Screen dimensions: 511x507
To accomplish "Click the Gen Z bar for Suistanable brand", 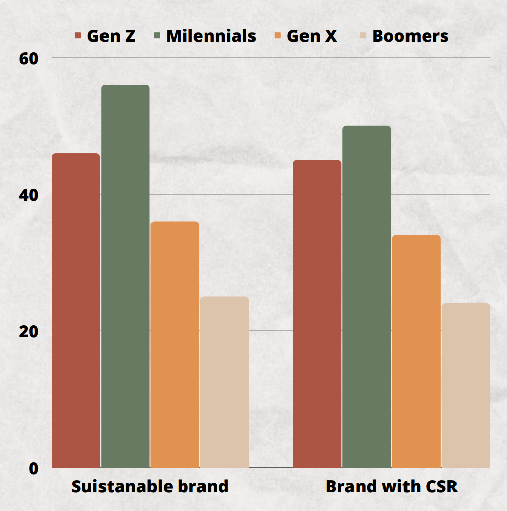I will click(x=76, y=310).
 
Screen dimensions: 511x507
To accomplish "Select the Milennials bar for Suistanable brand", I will click(x=125, y=276).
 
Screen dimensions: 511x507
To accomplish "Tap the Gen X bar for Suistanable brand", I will click(x=175, y=344).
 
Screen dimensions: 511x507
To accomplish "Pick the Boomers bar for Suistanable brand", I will click(x=224, y=382).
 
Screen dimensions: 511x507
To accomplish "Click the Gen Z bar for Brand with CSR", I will click(x=317, y=314).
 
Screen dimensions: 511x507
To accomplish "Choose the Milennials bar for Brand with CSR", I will click(x=367, y=296).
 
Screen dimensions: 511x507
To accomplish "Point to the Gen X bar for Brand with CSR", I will click(x=416, y=351).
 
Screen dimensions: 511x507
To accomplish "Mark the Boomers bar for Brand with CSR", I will click(x=466, y=385).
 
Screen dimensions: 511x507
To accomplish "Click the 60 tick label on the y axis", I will click(x=29, y=59).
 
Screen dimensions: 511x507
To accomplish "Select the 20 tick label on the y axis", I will click(x=29, y=332).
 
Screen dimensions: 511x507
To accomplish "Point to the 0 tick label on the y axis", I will click(x=33, y=469).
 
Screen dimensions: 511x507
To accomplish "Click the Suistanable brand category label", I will click(x=150, y=487).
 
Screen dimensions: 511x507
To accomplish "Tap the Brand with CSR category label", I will click(x=391, y=487).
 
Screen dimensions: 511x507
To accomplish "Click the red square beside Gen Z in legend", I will click(x=78, y=36).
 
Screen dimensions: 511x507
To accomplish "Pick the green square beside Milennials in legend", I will click(x=157, y=36).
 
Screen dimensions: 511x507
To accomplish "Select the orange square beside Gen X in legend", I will click(x=278, y=36).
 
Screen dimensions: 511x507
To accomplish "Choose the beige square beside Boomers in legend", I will click(x=363, y=36).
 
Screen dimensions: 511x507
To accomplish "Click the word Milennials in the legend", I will click(x=211, y=36).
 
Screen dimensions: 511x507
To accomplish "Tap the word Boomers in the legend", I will click(x=410, y=36).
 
